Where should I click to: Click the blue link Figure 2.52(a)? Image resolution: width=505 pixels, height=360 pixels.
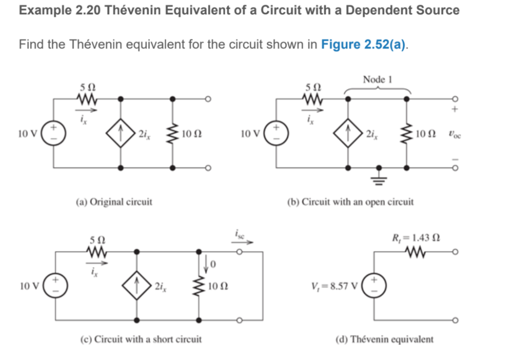click(x=364, y=45)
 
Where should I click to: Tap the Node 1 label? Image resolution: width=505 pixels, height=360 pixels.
click(x=376, y=79)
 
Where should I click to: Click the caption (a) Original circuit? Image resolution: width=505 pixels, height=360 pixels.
click(x=114, y=201)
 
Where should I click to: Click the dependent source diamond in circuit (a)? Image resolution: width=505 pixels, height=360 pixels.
click(x=121, y=134)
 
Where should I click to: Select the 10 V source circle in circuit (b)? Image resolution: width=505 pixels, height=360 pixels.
click(x=276, y=134)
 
